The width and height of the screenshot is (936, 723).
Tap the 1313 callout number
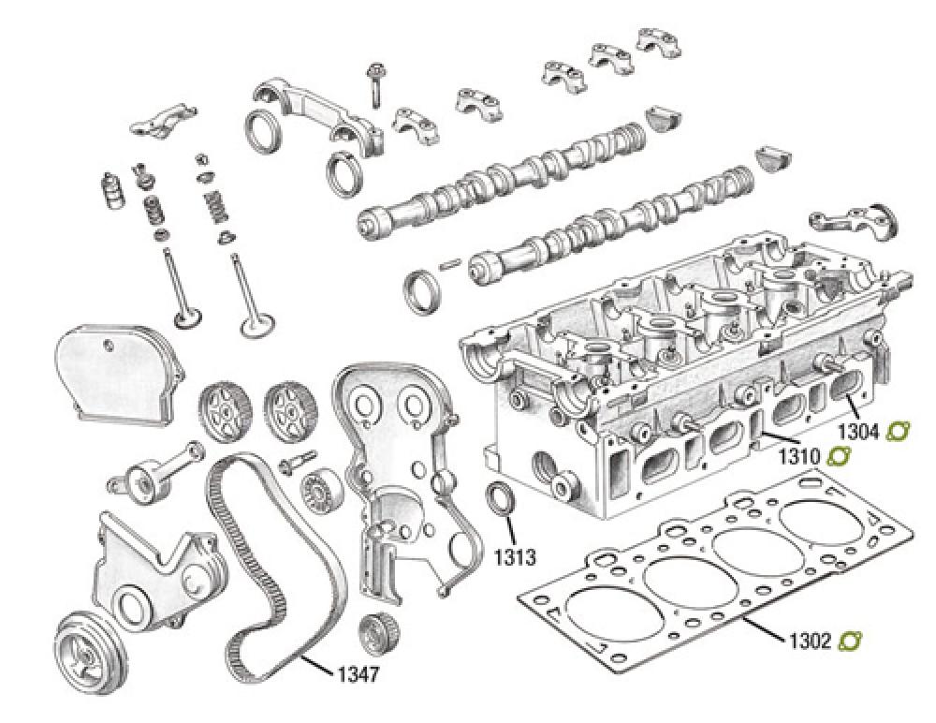[x=514, y=559]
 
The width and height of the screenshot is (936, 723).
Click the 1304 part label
[x=857, y=432]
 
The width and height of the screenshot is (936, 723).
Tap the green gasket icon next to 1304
[x=899, y=432]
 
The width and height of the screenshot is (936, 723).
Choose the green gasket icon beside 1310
[x=837, y=457]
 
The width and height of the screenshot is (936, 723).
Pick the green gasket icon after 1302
[x=851, y=641]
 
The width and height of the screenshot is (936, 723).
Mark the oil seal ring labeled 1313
[x=501, y=499]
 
